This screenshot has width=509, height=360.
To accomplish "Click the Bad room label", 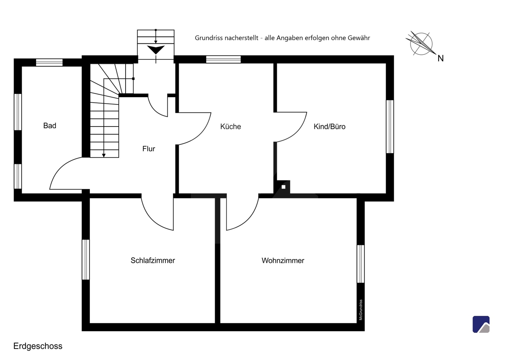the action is pos(50,126).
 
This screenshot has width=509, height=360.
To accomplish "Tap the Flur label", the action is pos(148,149).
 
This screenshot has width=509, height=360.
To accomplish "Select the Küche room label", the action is pos(230,127).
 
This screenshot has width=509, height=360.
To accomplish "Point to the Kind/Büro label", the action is pos(330,127).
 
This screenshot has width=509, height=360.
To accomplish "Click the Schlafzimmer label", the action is pos(153,260).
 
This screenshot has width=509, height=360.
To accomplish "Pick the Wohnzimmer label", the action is pos(283,260).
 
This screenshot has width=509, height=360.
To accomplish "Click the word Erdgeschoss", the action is pos(38,346).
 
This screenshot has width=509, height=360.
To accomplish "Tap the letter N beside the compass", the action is pos(441,59).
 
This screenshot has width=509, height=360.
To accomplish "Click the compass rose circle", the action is pos(421,44).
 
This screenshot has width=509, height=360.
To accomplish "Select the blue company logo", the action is pos(481,324).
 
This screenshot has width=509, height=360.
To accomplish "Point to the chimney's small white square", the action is pos(283,187).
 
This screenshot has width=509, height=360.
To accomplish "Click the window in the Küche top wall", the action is pos(224,59).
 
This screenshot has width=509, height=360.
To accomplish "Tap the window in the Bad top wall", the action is pos(49,62).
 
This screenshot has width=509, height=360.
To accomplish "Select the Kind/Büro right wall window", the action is pos(390,127).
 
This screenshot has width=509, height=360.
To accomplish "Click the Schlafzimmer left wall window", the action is pos(86,259).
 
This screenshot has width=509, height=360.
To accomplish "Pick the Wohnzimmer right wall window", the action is pos(361,264).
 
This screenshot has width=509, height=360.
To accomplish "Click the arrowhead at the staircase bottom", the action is pos(103,155).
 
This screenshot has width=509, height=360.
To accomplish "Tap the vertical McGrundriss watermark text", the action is pos(361,310).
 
